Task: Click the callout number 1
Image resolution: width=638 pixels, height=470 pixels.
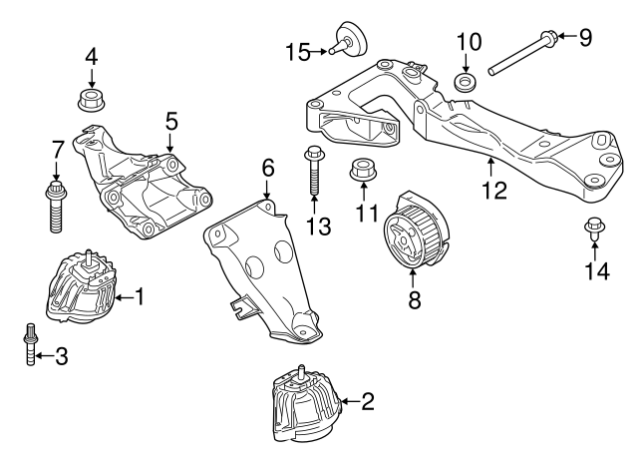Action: pyautogui.click(x=140, y=296)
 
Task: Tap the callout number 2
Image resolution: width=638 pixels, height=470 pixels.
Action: pyautogui.click(x=367, y=402)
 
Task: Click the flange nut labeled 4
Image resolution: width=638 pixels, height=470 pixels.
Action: pyautogui.click(x=92, y=101)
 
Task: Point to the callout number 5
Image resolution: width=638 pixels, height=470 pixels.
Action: pyautogui.click(x=171, y=121)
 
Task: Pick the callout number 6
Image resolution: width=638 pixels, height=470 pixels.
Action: pyautogui.click(x=267, y=168)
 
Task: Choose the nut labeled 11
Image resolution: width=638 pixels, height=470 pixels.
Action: pyautogui.click(x=362, y=173)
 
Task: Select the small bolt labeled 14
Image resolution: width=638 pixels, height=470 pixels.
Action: pyautogui.click(x=592, y=231)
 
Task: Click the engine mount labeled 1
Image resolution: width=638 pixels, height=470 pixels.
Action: pyautogui.click(x=82, y=291)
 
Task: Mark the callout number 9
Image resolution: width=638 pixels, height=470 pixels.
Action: pyautogui.click(x=585, y=38)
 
